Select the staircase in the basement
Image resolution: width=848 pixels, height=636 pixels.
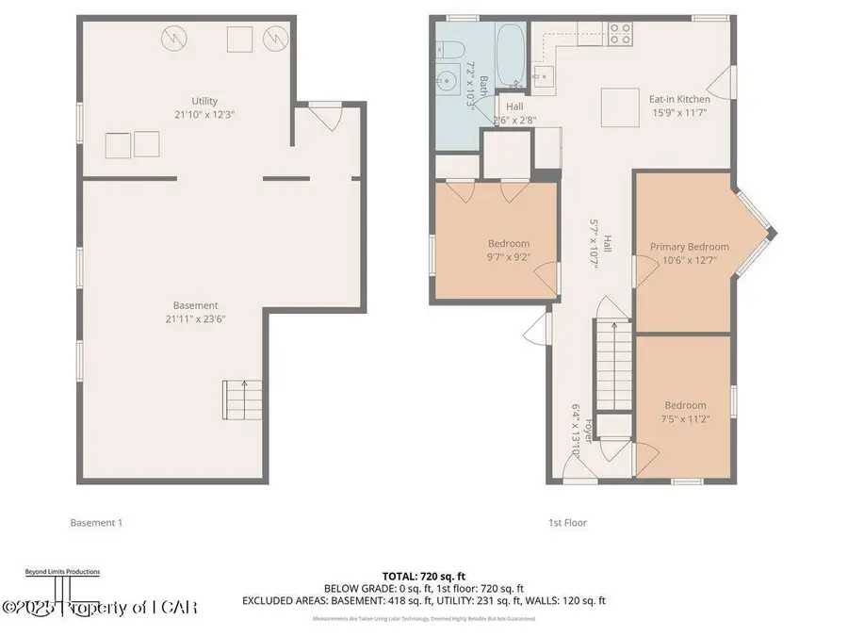click(244, 400)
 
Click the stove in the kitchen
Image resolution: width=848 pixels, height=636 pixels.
click(619, 34)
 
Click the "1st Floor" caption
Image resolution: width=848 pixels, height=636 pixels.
click(568, 522)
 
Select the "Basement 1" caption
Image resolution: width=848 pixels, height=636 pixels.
click(96, 522)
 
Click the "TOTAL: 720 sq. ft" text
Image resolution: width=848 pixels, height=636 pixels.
click(423, 575)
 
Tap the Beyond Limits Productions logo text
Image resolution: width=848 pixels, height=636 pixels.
click(61, 572)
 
